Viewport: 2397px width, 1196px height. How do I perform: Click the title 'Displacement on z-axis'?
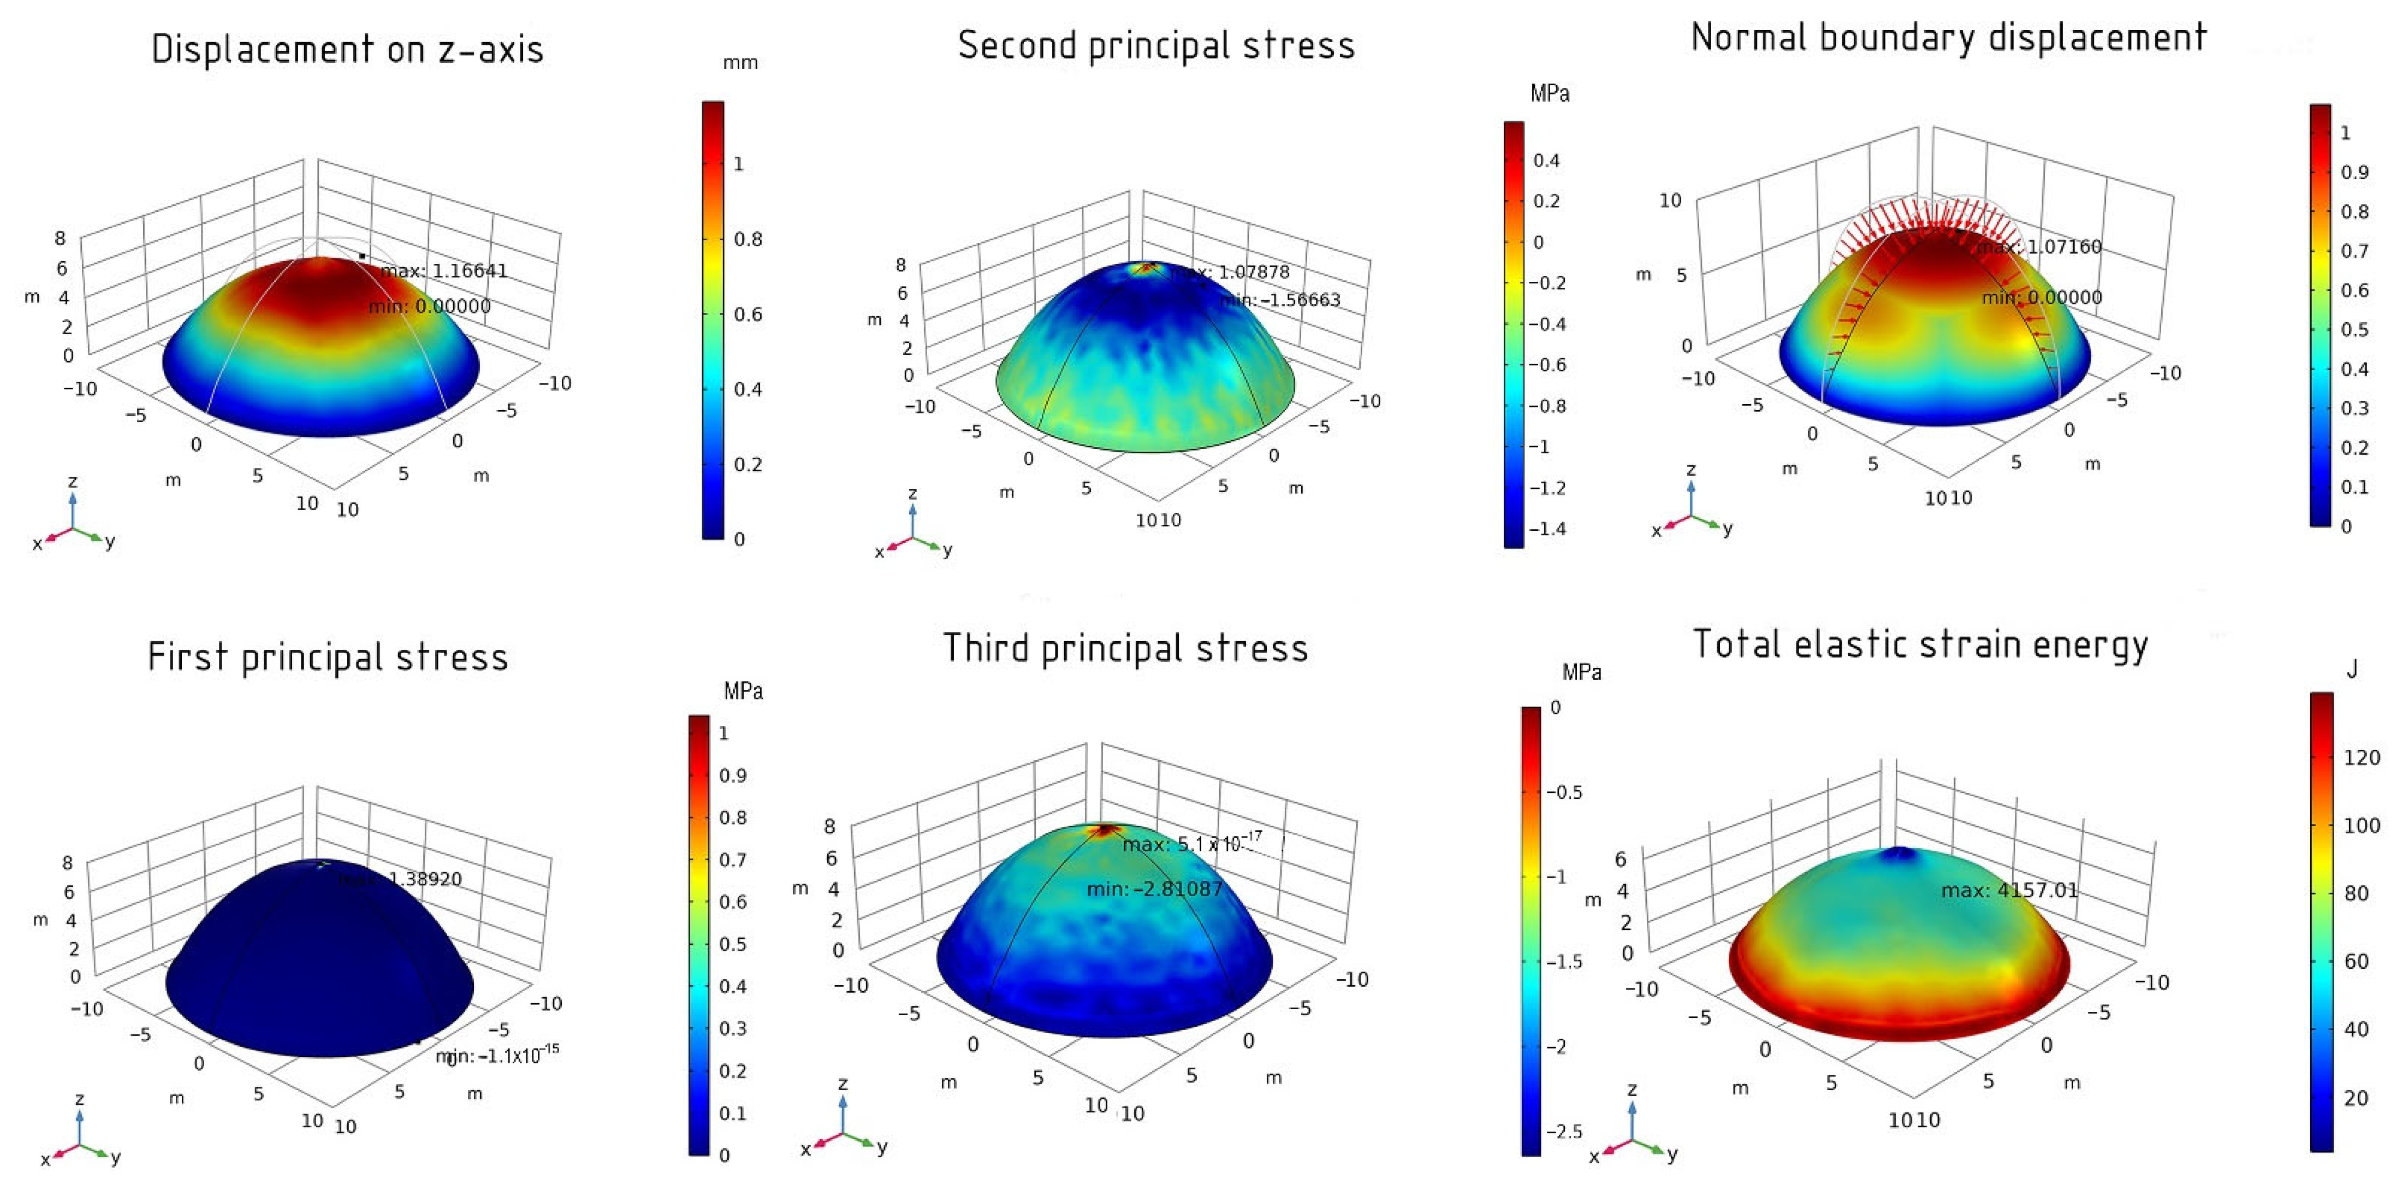[x=347, y=49]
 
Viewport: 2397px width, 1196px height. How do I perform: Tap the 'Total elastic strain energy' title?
[x=1920, y=644]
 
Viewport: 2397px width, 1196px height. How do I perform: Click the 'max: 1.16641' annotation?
[x=444, y=271]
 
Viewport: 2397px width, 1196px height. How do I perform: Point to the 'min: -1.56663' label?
[x=1280, y=300]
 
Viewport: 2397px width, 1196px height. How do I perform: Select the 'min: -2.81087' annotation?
[x=1154, y=889]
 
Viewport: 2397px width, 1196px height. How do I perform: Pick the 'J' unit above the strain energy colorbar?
[x=2351, y=669]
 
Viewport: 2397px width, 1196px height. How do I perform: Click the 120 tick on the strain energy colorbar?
[x=2361, y=757]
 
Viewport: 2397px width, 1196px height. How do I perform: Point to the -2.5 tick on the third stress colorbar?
[x=1563, y=1132]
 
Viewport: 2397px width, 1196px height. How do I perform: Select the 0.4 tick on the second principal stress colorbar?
[x=1546, y=161]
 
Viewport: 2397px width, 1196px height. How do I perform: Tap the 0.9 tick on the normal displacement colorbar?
[x=2354, y=172]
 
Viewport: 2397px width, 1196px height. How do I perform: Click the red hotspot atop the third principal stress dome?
[x=1105, y=828]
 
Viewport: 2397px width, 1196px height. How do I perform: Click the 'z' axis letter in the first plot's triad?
[x=73, y=481]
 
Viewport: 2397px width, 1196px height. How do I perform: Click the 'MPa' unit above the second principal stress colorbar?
[x=1549, y=93]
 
